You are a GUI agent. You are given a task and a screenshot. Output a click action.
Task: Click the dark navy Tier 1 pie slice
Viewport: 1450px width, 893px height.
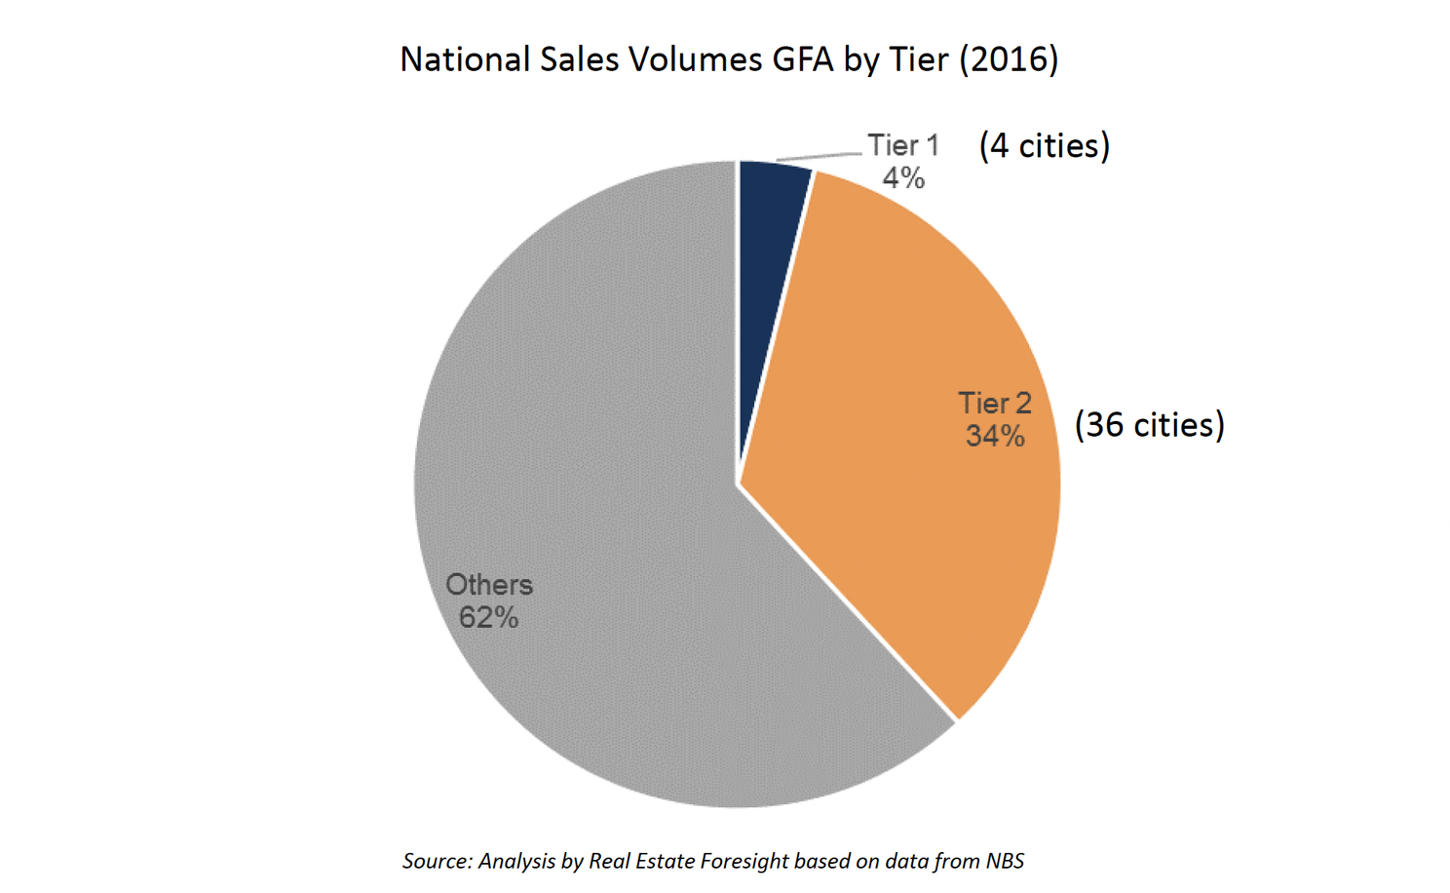coord(770,244)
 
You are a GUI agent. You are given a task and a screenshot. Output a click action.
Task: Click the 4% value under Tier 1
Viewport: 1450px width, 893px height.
coord(903,178)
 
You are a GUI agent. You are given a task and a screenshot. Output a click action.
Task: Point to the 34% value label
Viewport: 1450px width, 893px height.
coord(995,436)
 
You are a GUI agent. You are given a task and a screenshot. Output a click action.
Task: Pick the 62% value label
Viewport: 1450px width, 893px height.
coord(488,618)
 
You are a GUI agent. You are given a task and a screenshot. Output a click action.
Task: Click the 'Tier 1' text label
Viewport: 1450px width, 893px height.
coord(903,146)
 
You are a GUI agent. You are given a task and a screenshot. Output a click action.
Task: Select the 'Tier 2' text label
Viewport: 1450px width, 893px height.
coord(994,404)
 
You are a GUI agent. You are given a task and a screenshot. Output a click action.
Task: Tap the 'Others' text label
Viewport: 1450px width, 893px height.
coord(489,585)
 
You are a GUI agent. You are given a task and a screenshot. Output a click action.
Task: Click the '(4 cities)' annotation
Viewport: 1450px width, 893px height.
coord(1045,146)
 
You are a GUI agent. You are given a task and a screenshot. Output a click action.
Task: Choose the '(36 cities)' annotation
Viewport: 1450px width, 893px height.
coord(1150,425)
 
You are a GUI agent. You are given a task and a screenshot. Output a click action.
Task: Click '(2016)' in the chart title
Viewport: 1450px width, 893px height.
coord(1009,59)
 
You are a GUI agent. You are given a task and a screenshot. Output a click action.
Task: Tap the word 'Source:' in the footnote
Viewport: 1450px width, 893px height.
coord(437,862)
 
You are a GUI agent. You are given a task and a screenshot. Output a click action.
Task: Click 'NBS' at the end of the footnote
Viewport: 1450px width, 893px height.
coord(1005,862)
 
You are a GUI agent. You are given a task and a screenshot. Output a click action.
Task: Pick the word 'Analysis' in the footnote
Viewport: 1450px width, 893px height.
coord(517,862)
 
